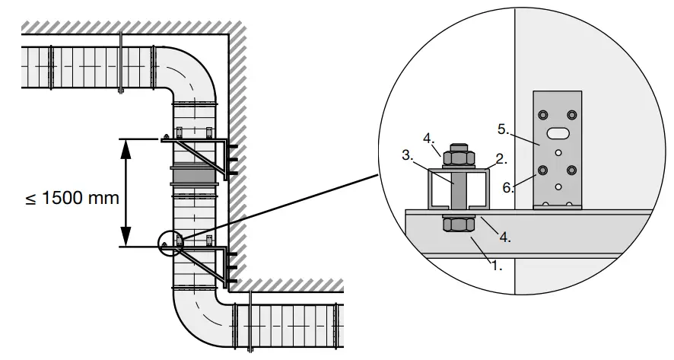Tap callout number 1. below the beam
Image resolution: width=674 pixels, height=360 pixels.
click(x=496, y=266)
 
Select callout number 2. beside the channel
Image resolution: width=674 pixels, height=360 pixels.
click(x=500, y=158)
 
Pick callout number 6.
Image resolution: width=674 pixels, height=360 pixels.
click(x=507, y=186)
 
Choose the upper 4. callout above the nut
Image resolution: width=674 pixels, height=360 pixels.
click(x=428, y=138)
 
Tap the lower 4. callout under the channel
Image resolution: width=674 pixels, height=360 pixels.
click(x=504, y=236)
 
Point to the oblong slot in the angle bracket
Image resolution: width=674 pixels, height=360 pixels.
click(x=558, y=133)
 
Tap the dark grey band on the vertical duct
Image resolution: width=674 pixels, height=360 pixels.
click(x=195, y=177)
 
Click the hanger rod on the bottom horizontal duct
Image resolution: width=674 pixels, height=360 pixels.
click(x=250, y=323)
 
